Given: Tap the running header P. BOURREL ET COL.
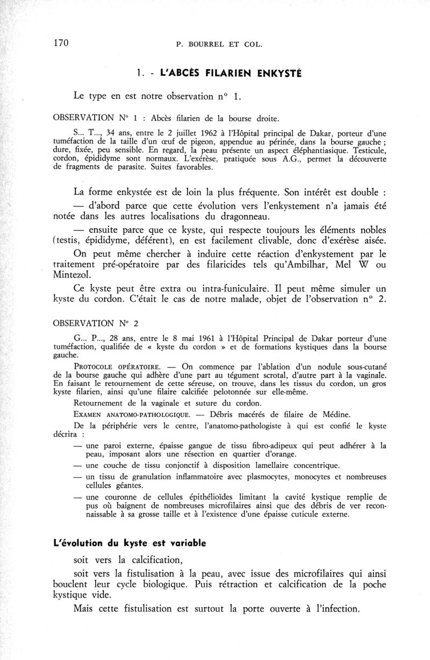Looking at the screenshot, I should click(219, 45).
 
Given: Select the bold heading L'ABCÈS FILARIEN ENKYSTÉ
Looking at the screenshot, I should click(225, 73).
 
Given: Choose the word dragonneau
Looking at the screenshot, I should click(237, 216).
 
